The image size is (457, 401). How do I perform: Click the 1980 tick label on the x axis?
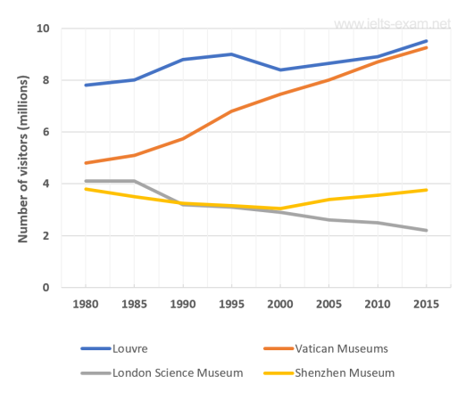(x=85, y=304)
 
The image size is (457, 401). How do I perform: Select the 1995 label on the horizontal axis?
(x=231, y=304)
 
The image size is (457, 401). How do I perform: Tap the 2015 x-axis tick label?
(x=426, y=304)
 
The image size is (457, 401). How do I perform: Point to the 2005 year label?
(x=328, y=304)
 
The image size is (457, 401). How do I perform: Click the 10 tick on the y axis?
(x=42, y=29)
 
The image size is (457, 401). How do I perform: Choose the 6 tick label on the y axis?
(x=45, y=132)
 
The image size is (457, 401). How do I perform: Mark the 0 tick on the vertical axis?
(x=45, y=288)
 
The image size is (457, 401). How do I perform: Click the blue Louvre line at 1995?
(x=231, y=54)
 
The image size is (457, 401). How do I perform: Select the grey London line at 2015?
(x=426, y=231)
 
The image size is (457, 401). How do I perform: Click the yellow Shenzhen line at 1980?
(x=85, y=189)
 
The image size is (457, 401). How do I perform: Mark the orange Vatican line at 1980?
(x=85, y=163)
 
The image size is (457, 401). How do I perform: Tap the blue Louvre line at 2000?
(x=280, y=70)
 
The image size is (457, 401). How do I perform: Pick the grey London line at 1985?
(x=134, y=181)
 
